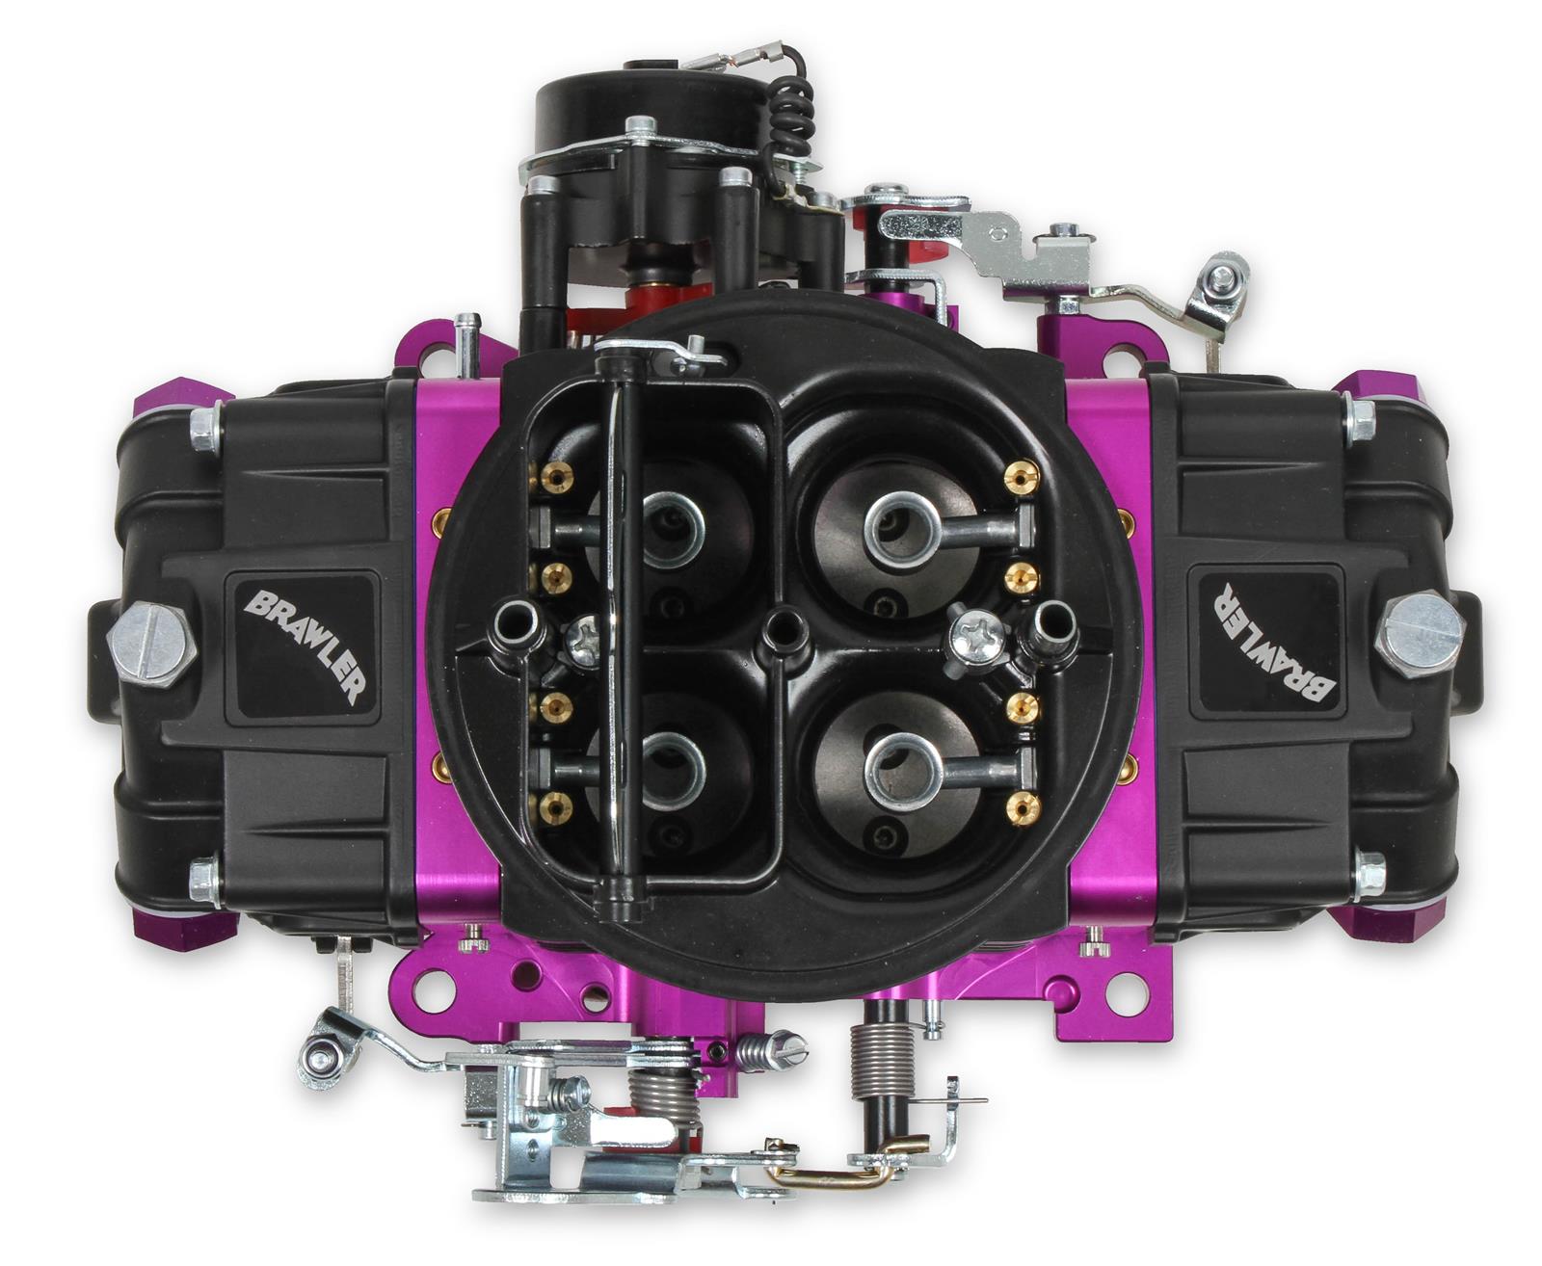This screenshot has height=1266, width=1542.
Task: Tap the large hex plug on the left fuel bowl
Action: point(151,639)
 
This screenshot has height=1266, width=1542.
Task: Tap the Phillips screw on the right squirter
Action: point(974,637)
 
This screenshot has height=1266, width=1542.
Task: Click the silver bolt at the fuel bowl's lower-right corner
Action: point(1367,869)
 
